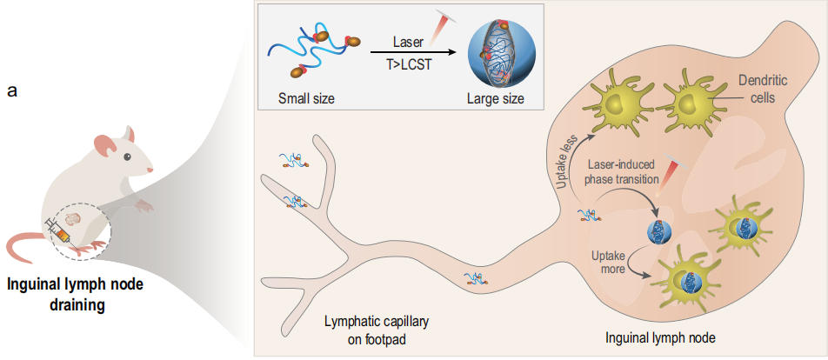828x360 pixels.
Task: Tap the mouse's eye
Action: tap(128, 157)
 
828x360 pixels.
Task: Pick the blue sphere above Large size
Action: tap(497, 54)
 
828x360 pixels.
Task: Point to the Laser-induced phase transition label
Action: tap(623, 172)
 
